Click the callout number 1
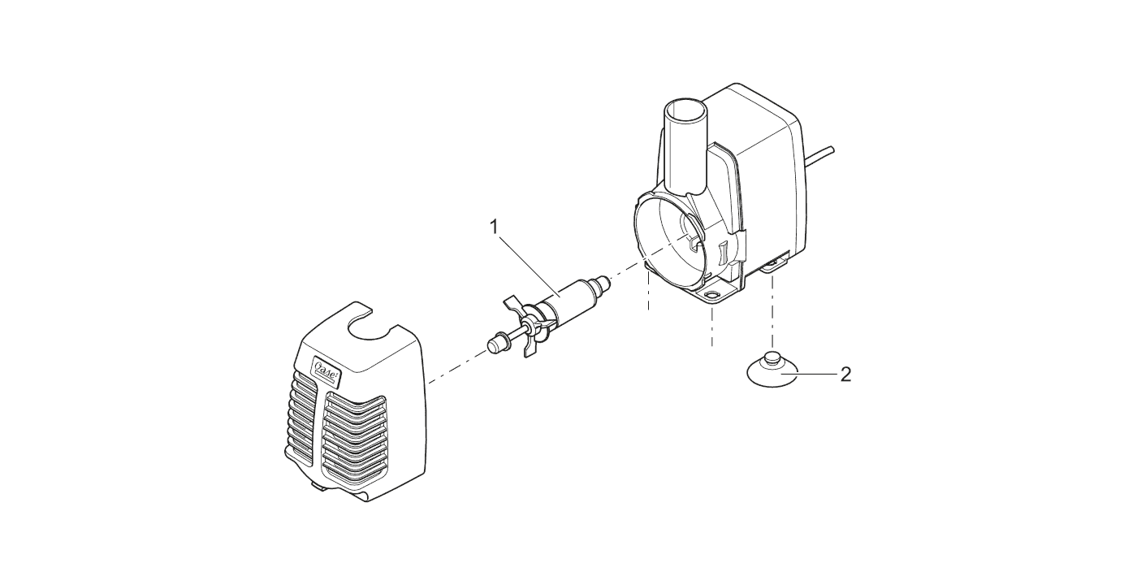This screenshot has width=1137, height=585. click(495, 227)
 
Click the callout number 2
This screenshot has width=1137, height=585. click(845, 375)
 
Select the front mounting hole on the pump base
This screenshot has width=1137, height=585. click(711, 295)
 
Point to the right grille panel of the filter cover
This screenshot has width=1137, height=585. click(356, 438)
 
